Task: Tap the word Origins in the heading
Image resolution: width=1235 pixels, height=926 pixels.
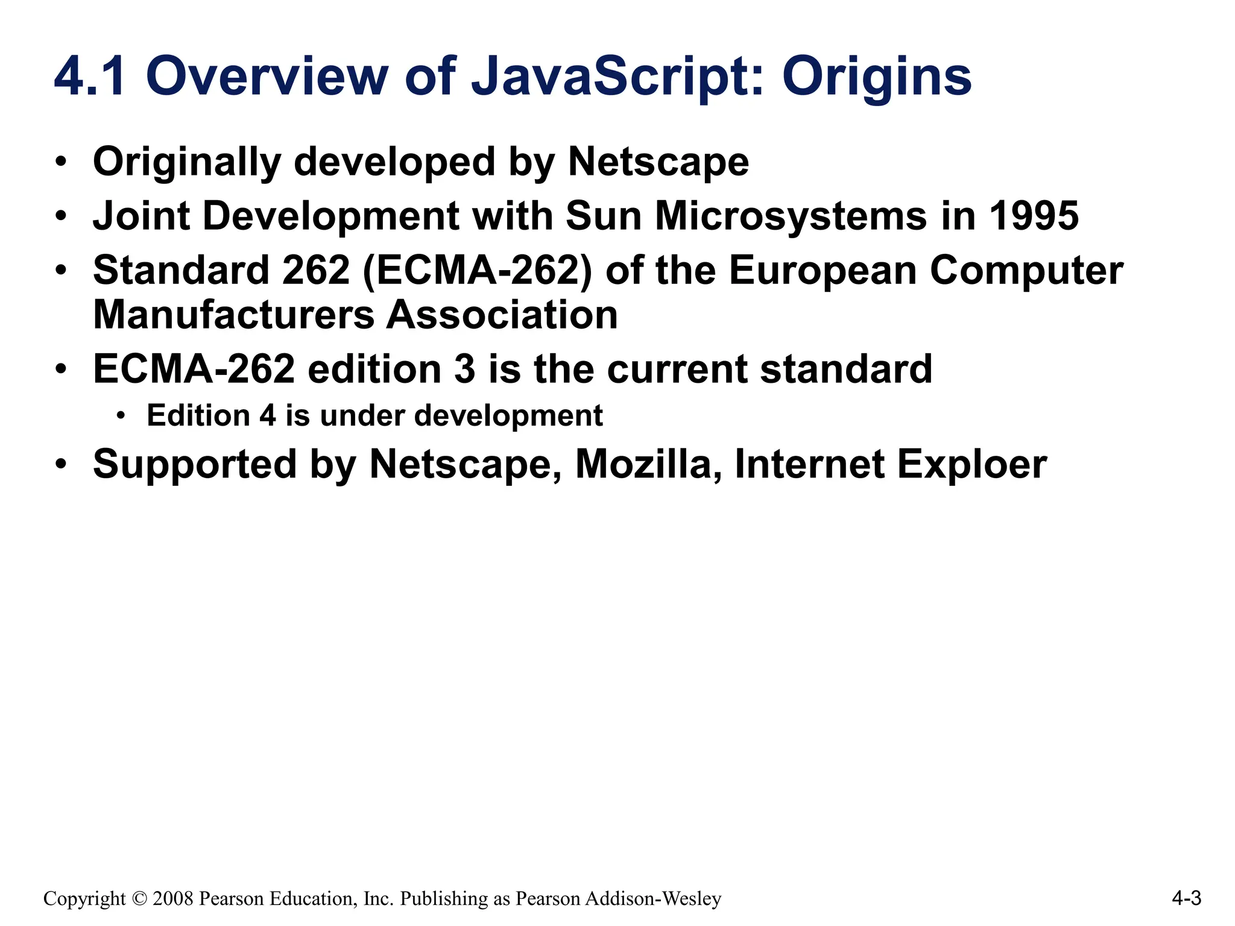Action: pos(877,77)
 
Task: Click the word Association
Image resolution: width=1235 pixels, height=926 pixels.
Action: pos(502,315)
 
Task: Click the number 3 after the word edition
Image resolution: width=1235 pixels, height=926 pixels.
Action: pos(464,369)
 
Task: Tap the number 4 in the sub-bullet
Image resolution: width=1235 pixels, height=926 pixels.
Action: pos(268,416)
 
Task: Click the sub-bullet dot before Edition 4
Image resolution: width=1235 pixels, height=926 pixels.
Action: pos(121,416)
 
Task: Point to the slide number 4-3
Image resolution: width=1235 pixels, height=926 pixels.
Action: pos(1186,899)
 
